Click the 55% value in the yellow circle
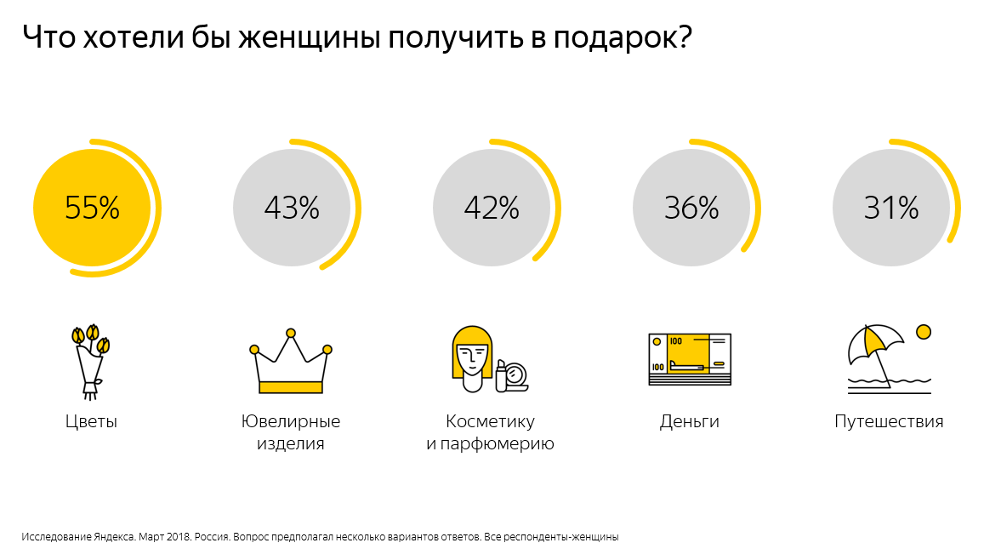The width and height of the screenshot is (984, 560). point(92,208)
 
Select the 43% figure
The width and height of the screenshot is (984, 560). point(292,208)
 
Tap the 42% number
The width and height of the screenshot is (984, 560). point(492,208)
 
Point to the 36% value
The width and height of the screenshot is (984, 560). point(691,208)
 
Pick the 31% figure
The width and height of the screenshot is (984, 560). point(891,208)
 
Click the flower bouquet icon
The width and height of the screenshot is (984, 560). point(90,362)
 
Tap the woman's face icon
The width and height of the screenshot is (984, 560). point(472,357)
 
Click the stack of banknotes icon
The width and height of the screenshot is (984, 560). point(690,359)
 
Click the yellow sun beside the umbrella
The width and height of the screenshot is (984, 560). point(923,331)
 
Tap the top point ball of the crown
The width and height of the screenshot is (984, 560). point(291,333)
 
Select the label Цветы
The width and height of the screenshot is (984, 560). point(91,422)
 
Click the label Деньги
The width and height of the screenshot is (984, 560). point(690,422)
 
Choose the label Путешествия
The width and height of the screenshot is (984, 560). point(889,422)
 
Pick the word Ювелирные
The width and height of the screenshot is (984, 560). point(291,422)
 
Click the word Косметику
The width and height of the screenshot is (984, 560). point(490,422)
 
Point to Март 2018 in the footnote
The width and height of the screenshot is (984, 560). point(165,537)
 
